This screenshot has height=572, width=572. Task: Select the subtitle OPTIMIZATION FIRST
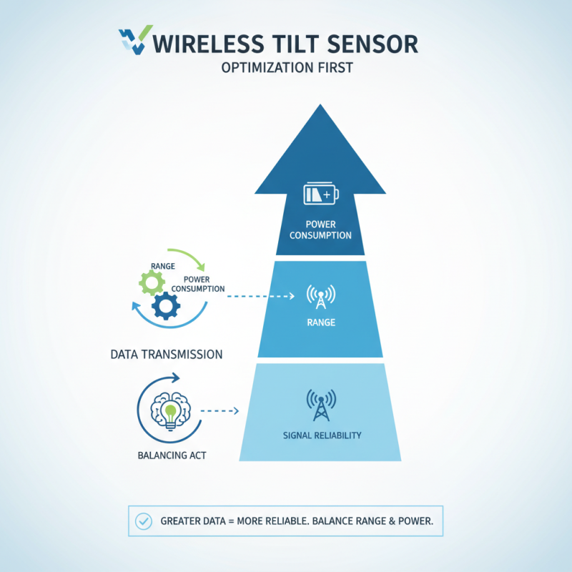pos(287,68)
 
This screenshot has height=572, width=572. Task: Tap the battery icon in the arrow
pos(321,193)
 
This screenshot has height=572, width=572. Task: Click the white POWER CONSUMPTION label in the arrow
pos(320,230)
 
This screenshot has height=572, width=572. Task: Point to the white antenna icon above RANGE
pos(320,296)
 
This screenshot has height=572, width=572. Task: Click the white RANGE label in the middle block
pos(321,322)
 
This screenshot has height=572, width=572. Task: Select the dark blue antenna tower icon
pos(321,405)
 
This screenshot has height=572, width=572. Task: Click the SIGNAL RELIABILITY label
pos(322,435)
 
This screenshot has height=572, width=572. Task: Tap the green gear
pos(152,282)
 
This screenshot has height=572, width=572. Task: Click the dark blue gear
pos(166,306)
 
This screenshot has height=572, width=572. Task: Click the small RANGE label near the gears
pos(163,266)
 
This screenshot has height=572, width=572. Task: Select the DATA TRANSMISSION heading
pos(167,355)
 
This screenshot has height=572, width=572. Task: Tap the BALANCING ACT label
pos(172,455)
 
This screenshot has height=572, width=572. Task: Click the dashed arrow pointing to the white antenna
pos(261,296)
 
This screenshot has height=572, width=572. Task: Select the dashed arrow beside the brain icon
pos(220,411)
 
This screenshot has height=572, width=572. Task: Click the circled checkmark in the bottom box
pos(144,521)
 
